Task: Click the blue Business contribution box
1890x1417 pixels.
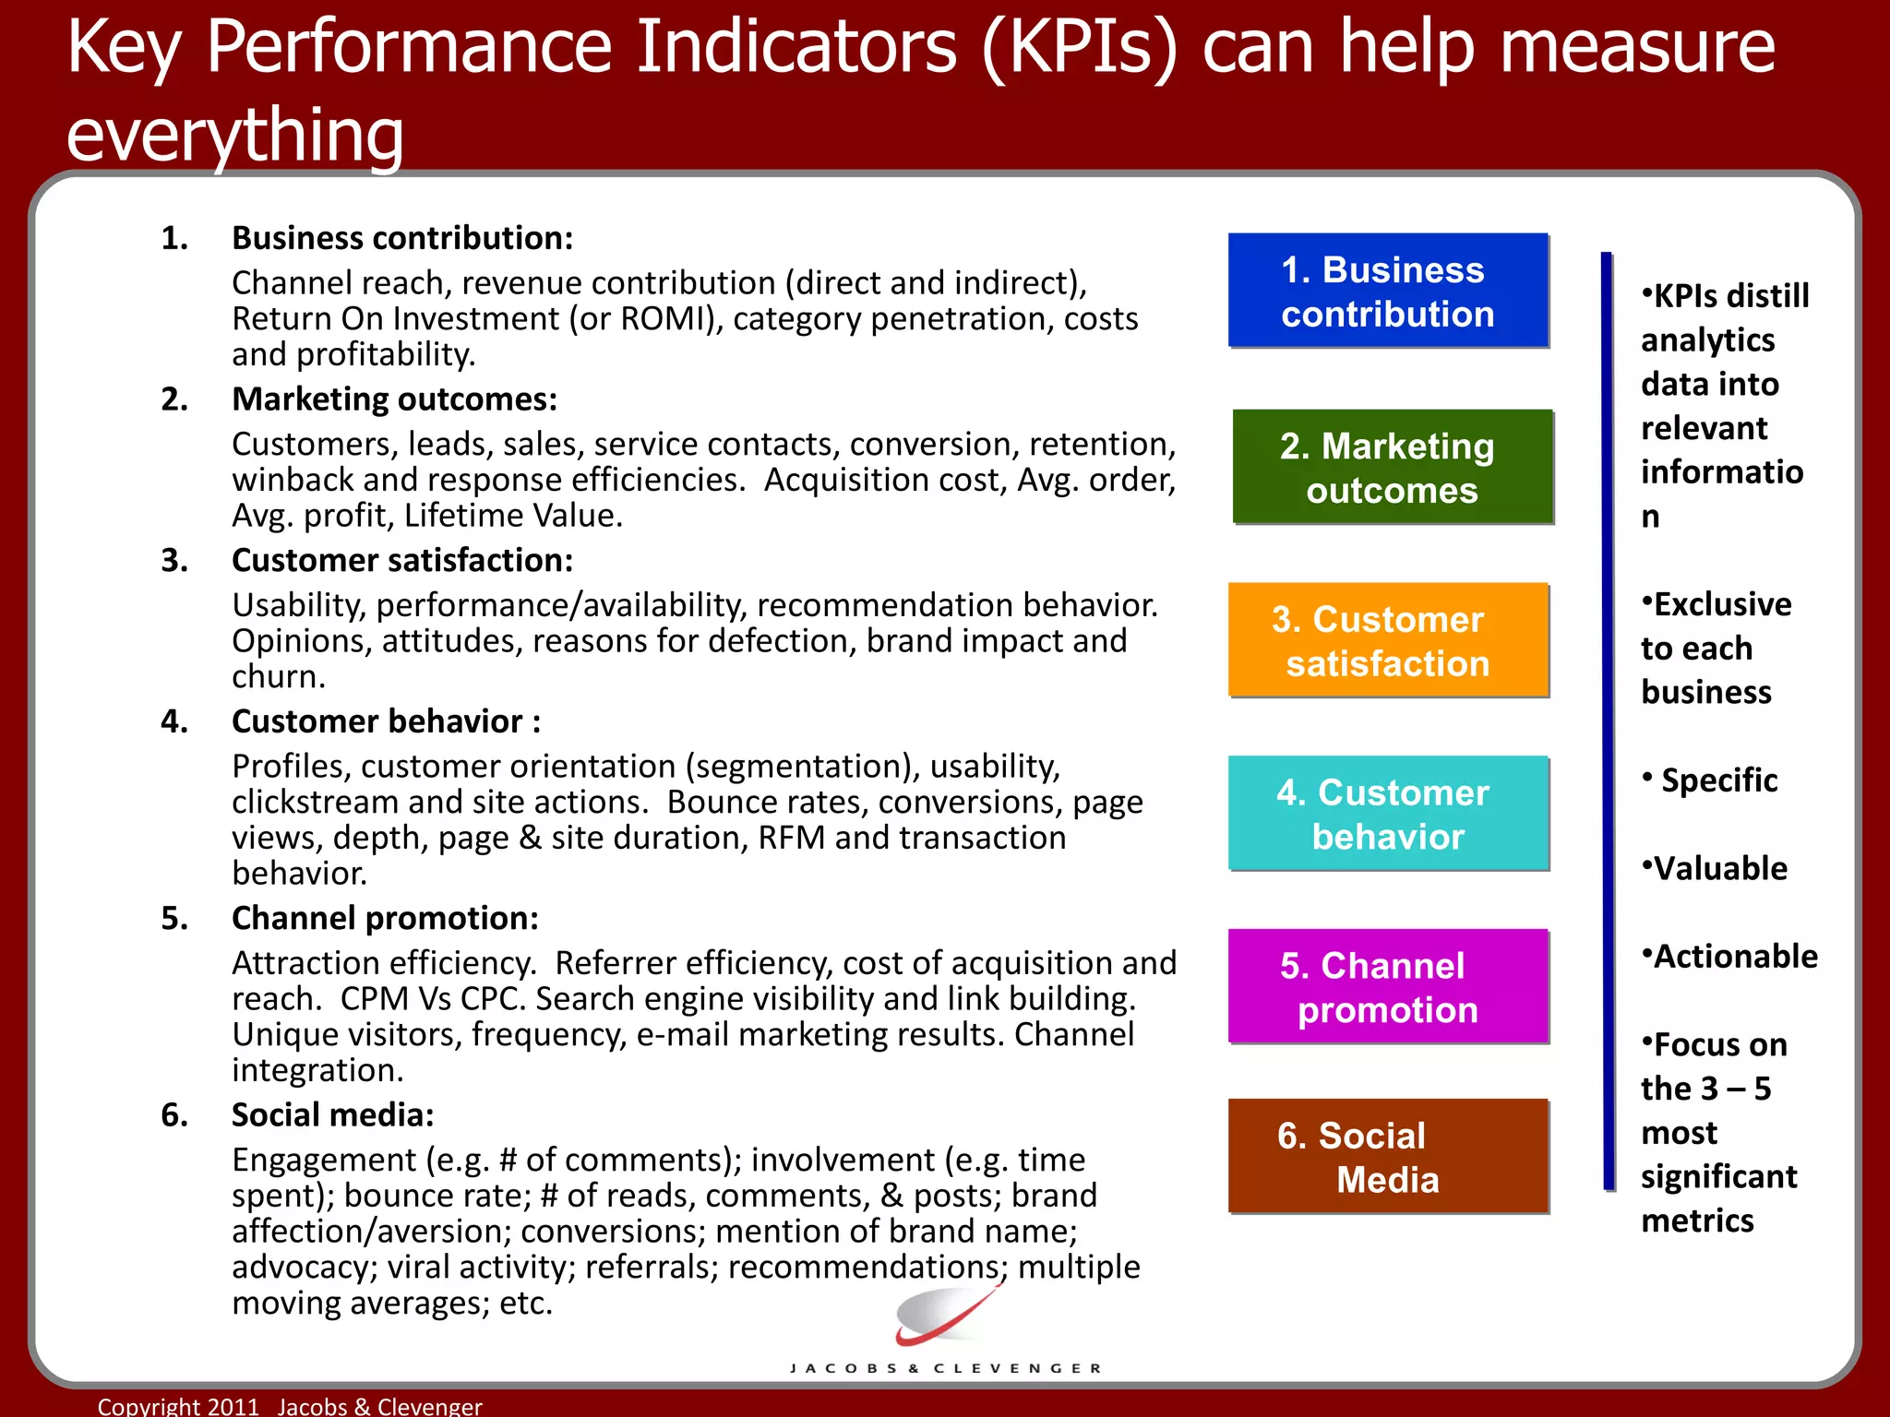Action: pos(1387,291)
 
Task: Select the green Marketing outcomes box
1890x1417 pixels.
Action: pos(1392,467)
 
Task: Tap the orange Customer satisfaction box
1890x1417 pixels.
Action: pos(1387,640)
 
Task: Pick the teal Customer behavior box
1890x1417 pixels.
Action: pos(1387,813)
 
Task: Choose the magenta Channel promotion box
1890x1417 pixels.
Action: pos(1387,986)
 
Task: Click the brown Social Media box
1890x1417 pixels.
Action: pos(1387,1156)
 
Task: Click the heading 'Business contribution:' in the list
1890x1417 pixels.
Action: pos(402,238)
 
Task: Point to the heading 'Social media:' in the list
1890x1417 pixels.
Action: pos(332,1114)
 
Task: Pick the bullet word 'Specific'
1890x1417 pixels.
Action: pos(1718,780)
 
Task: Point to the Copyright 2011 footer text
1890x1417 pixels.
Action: pos(290,1405)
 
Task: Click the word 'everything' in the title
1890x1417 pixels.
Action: pos(235,134)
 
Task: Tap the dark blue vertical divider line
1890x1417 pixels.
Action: pos(1608,720)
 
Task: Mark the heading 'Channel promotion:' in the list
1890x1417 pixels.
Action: pos(385,918)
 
